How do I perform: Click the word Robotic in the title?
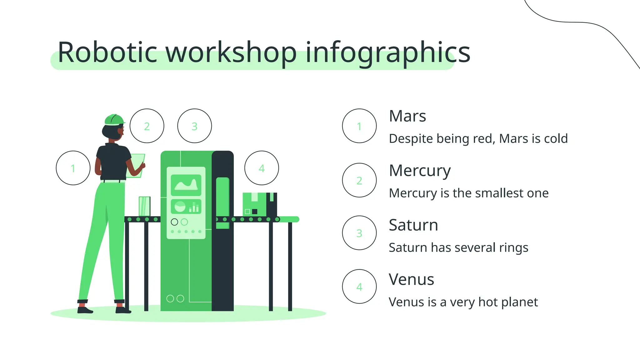click(107, 52)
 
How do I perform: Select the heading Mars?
click(407, 116)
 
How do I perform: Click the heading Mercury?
click(420, 171)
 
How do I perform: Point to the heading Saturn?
click(413, 225)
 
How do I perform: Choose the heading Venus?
click(411, 279)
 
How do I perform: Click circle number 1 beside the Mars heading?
click(359, 126)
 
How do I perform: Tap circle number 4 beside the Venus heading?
click(359, 287)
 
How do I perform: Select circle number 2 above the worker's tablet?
click(147, 126)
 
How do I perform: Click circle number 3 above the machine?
click(194, 126)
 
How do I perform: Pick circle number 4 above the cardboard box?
click(262, 168)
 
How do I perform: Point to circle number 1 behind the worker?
click(73, 168)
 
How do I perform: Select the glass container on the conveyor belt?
click(144, 206)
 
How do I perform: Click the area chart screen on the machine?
click(186, 185)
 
